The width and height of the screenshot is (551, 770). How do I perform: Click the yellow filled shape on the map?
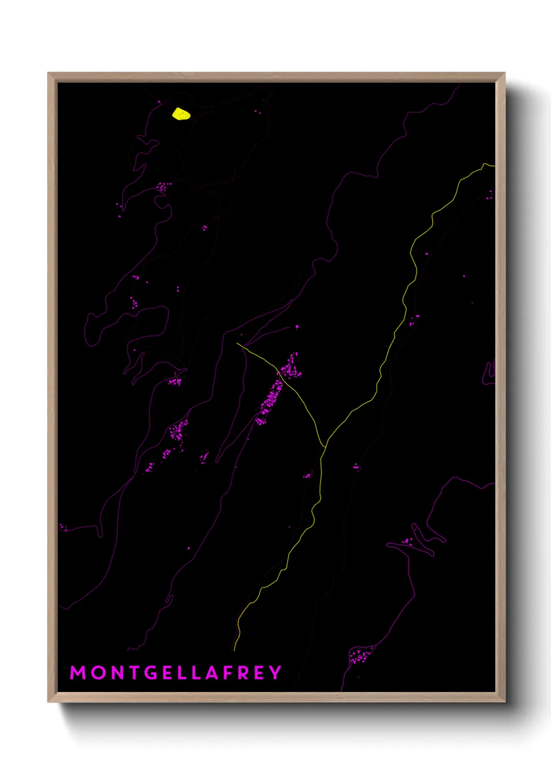tap(181, 113)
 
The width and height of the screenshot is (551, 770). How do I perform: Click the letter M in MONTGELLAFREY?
tap(78, 673)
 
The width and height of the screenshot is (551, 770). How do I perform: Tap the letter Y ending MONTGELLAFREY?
tap(275, 673)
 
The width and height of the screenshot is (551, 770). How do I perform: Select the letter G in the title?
tap(151, 673)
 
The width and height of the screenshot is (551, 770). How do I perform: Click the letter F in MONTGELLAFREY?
tap(228, 673)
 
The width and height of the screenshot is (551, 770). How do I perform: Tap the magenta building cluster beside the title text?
tap(360, 656)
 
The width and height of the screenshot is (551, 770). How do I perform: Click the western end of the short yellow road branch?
tap(237, 343)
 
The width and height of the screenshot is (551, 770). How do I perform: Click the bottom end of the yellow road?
tap(234, 650)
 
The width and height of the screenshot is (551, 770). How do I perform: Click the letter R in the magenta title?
tap(244, 673)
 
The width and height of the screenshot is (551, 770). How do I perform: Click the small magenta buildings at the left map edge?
tap(62, 528)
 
